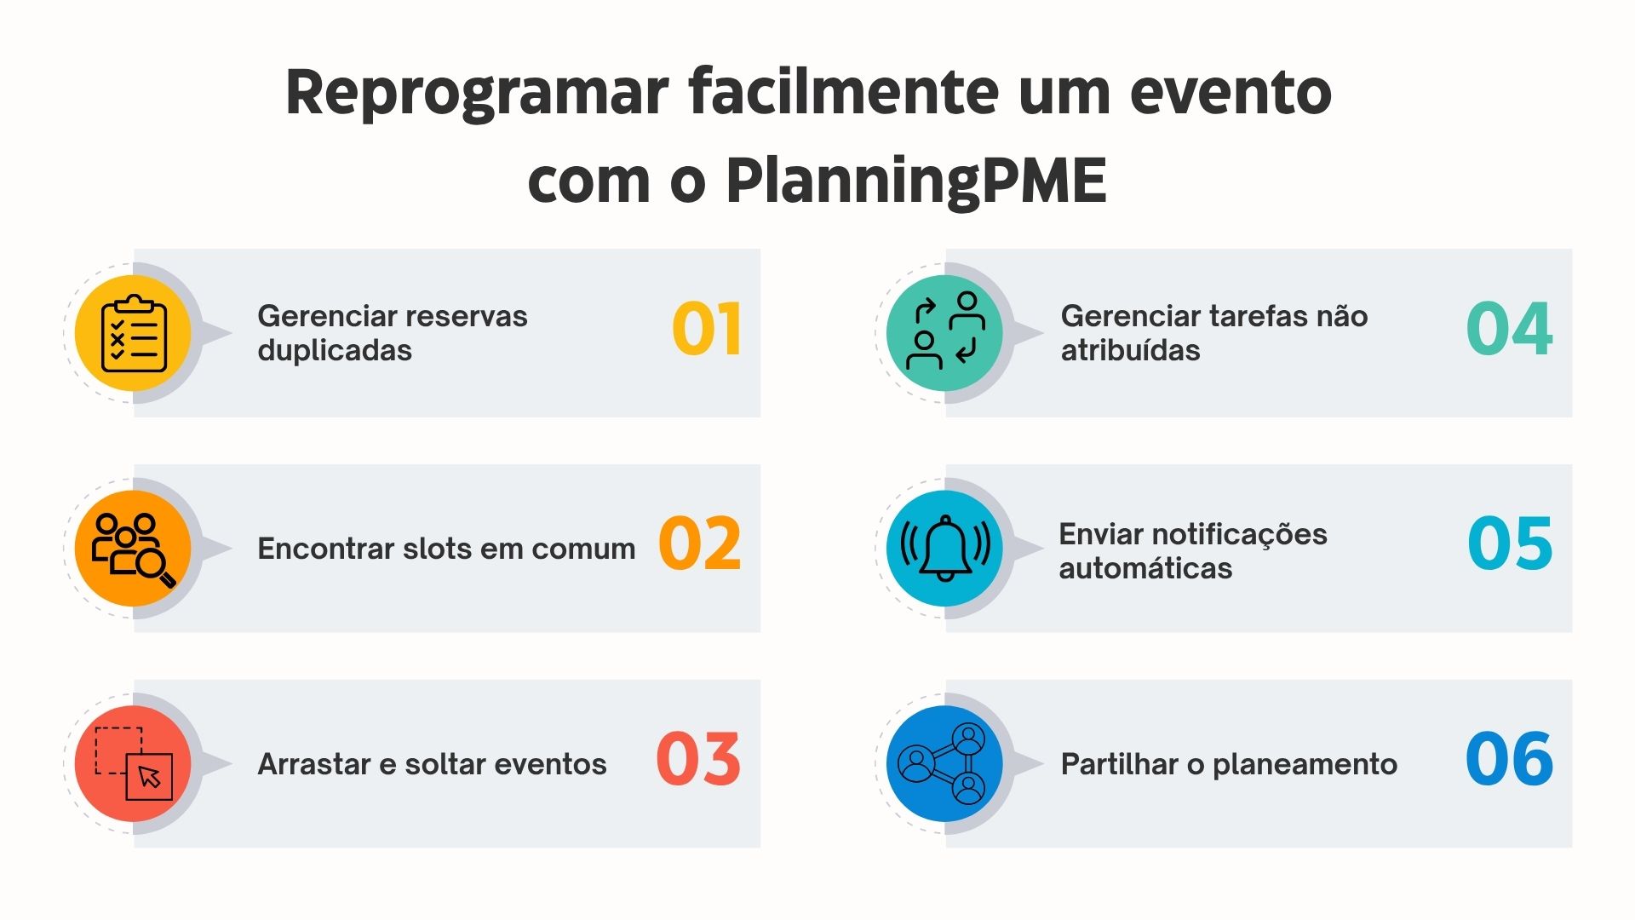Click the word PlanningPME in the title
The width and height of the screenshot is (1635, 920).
tap(916, 181)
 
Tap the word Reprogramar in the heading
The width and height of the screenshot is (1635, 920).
tap(477, 92)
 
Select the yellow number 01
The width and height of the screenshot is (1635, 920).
tap(706, 330)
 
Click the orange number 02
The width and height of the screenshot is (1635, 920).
tap(699, 544)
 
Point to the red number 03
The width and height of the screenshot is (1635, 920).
tap(698, 759)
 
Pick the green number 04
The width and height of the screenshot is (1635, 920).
tap(1509, 330)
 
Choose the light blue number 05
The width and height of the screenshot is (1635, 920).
tap(1510, 544)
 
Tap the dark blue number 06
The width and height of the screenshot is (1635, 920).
tap(1509, 759)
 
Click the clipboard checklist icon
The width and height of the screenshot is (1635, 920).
tap(134, 333)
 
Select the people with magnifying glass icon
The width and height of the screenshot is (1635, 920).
tap(134, 549)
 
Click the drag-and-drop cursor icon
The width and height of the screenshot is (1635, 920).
tap(134, 763)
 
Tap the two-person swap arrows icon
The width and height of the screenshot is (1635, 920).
tap(945, 333)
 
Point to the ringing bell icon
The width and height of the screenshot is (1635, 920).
tap(945, 549)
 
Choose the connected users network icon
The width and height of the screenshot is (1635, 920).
tap(945, 763)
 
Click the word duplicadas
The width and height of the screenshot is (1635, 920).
tap(335, 351)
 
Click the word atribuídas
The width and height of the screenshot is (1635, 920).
tap(1130, 351)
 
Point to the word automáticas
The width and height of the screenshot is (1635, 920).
tap(1145, 569)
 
